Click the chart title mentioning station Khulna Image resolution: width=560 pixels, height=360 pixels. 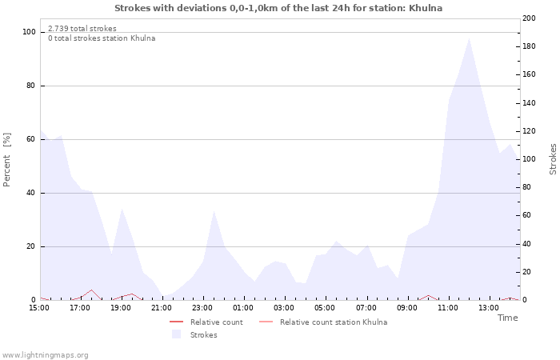[278, 8]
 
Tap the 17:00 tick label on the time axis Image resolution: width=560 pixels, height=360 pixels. [80, 307]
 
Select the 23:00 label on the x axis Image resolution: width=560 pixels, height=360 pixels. [202, 307]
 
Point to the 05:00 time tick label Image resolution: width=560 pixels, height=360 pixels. [325, 307]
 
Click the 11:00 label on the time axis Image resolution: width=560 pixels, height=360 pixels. [448, 307]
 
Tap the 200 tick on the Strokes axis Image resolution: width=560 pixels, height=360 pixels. [529, 18]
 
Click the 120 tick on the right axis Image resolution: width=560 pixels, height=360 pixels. [529, 131]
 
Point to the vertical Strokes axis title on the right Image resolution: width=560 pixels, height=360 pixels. [553, 159]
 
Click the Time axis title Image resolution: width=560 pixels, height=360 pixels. [507, 318]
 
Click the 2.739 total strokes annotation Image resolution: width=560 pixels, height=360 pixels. [82, 28]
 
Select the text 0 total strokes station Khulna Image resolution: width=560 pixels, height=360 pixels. [102, 38]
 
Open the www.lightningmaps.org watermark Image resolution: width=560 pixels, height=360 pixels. [45, 354]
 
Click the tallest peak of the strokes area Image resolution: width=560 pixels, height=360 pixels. [469, 38]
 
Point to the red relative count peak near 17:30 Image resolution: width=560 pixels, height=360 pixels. [92, 290]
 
